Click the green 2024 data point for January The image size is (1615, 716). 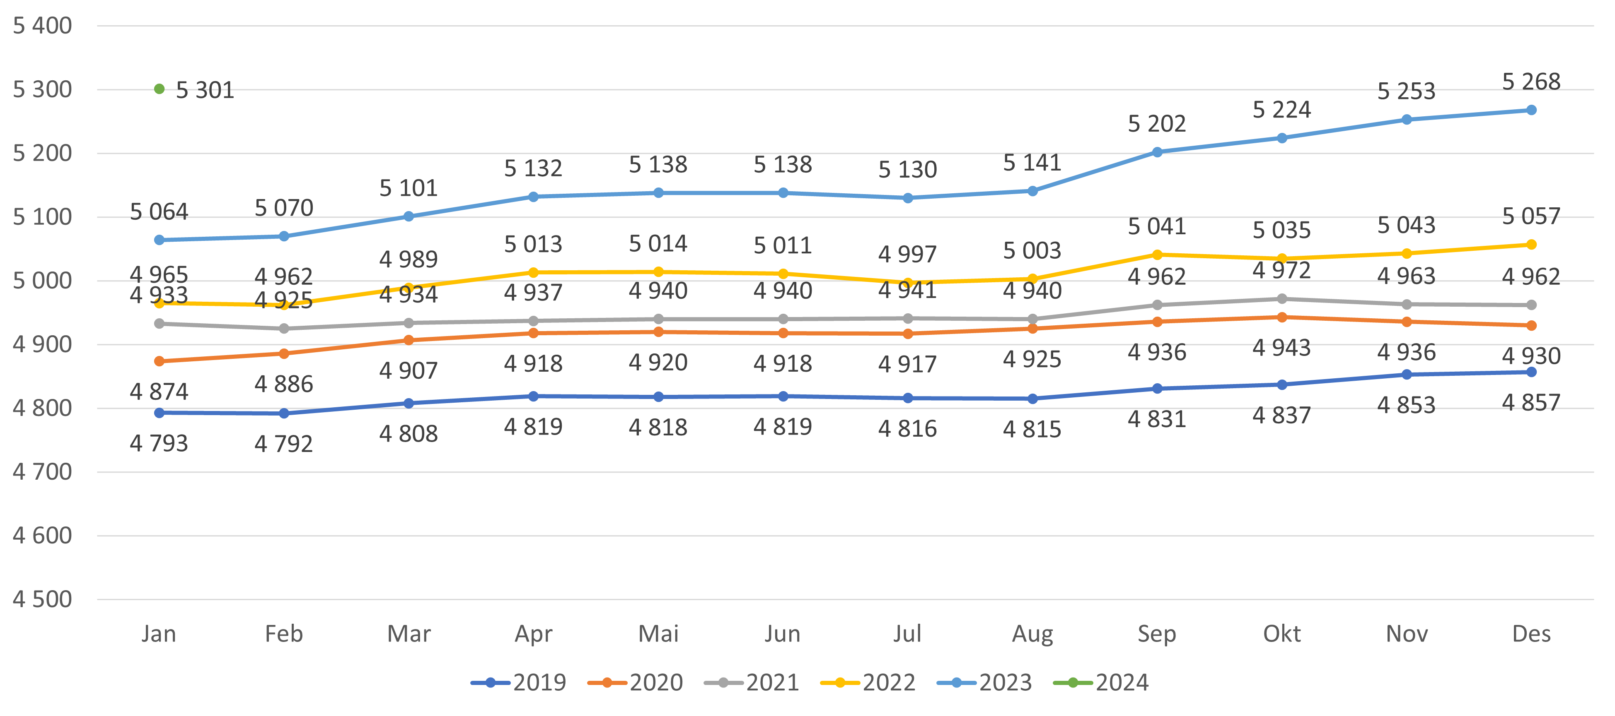[159, 89]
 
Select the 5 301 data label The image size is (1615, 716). [205, 91]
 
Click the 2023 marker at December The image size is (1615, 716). [1531, 110]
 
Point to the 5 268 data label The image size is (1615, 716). [1531, 82]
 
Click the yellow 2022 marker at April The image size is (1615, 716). [534, 272]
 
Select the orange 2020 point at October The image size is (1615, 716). [1281, 317]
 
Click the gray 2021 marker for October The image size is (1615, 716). [1281, 299]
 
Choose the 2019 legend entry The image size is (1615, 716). [518, 682]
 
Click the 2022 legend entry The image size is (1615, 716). [868, 682]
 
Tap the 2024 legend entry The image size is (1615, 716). [1102, 682]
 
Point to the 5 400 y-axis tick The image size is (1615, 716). [42, 26]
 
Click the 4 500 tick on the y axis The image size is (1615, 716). [42, 599]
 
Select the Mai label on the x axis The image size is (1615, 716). [658, 634]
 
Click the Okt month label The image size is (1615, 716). [1281, 634]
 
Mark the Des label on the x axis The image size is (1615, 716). [1531, 634]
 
